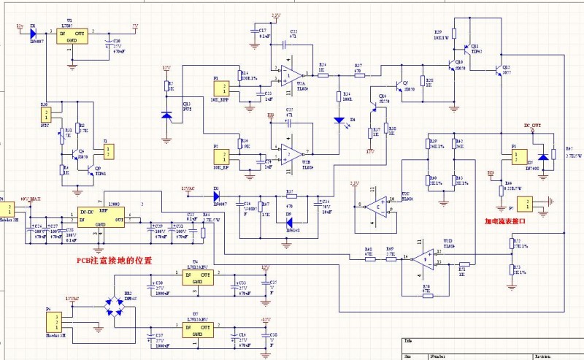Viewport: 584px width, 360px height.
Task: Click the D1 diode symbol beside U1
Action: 34,31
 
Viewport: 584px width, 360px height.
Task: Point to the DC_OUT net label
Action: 532,126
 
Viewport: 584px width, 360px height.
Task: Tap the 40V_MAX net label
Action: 30,199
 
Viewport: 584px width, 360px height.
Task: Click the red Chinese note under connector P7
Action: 514,221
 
